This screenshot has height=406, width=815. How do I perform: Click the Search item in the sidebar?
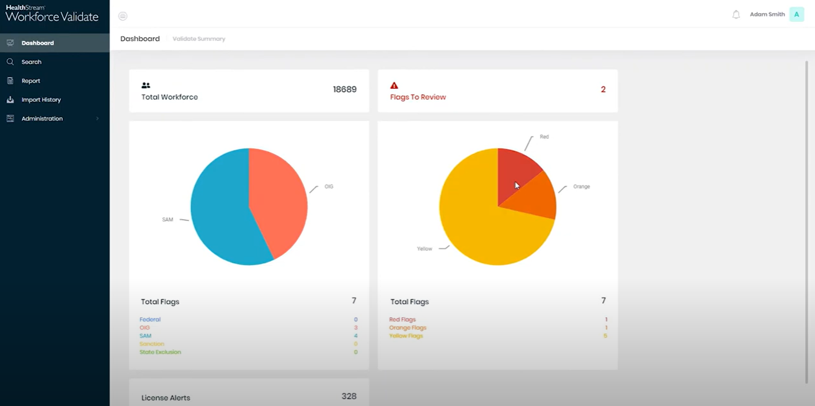coord(31,62)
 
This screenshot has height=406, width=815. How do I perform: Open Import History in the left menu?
coord(41,100)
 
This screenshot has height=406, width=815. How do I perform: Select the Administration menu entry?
coord(42,119)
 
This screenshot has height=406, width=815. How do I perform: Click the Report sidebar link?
coord(30,81)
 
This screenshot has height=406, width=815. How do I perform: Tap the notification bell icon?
coord(736,14)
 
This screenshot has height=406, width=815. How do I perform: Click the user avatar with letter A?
coord(796,14)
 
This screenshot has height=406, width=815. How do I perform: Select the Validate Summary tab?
coord(198,39)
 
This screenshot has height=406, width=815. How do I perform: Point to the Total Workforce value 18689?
coord(344,89)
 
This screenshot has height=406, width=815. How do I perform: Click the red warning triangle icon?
coord(394,86)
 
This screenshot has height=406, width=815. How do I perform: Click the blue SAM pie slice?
coord(217,211)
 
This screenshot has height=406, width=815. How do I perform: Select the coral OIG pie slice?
coord(279,199)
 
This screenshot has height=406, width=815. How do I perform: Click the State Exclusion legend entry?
coord(160,352)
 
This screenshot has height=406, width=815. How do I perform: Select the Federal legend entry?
coord(150,320)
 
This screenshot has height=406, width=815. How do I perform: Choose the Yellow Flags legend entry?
coord(406,336)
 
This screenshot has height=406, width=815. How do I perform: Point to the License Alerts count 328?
coord(349,396)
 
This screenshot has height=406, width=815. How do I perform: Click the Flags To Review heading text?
coord(417,97)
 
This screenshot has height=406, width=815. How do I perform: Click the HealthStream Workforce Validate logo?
coord(52,14)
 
